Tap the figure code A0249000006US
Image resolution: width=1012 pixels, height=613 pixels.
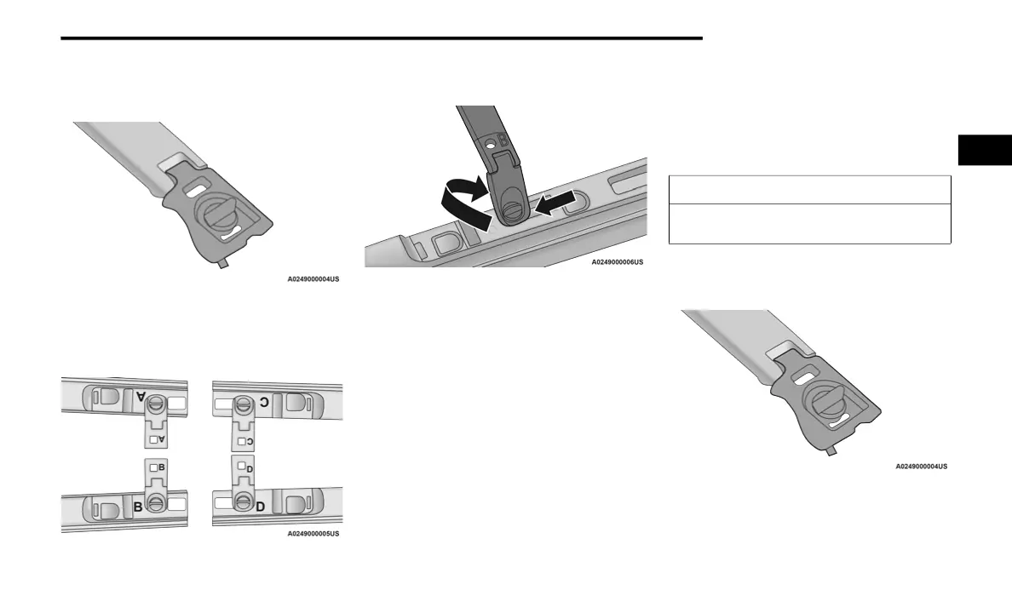pyautogui.click(x=618, y=262)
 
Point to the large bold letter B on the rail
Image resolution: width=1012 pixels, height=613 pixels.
pyautogui.click(x=137, y=507)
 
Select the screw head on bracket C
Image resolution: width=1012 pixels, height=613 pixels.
pyautogui.click(x=244, y=405)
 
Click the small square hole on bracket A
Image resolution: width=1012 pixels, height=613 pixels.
pyautogui.click(x=153, y=439)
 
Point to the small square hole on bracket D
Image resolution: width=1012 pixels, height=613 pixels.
pyautogui.click(x=240, y=466)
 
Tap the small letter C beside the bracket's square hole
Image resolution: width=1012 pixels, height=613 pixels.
pyautogui.click(x=250, y=441)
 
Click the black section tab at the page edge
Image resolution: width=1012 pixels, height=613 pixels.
pyautogui.click(x=985, y=150)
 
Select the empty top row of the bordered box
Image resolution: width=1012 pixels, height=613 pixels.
pyautogui.click(x=808, y=189)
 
